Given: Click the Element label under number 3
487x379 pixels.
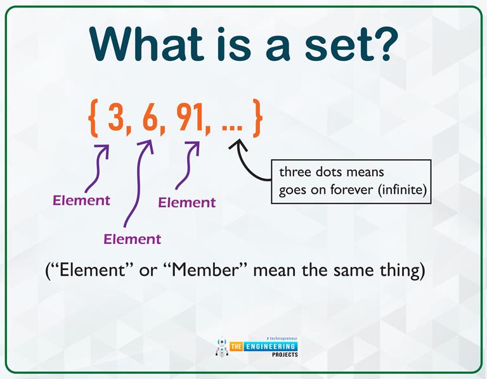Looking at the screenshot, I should pyautogui.click(x=81, y=201).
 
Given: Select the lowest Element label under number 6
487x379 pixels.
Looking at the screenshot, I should pyautogui.click(x=133, y=240).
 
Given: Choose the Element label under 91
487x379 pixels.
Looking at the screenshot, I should pyautogui.click(x=187, y=203).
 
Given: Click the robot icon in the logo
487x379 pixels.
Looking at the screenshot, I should pyautogui.click(x=221, y=347).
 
